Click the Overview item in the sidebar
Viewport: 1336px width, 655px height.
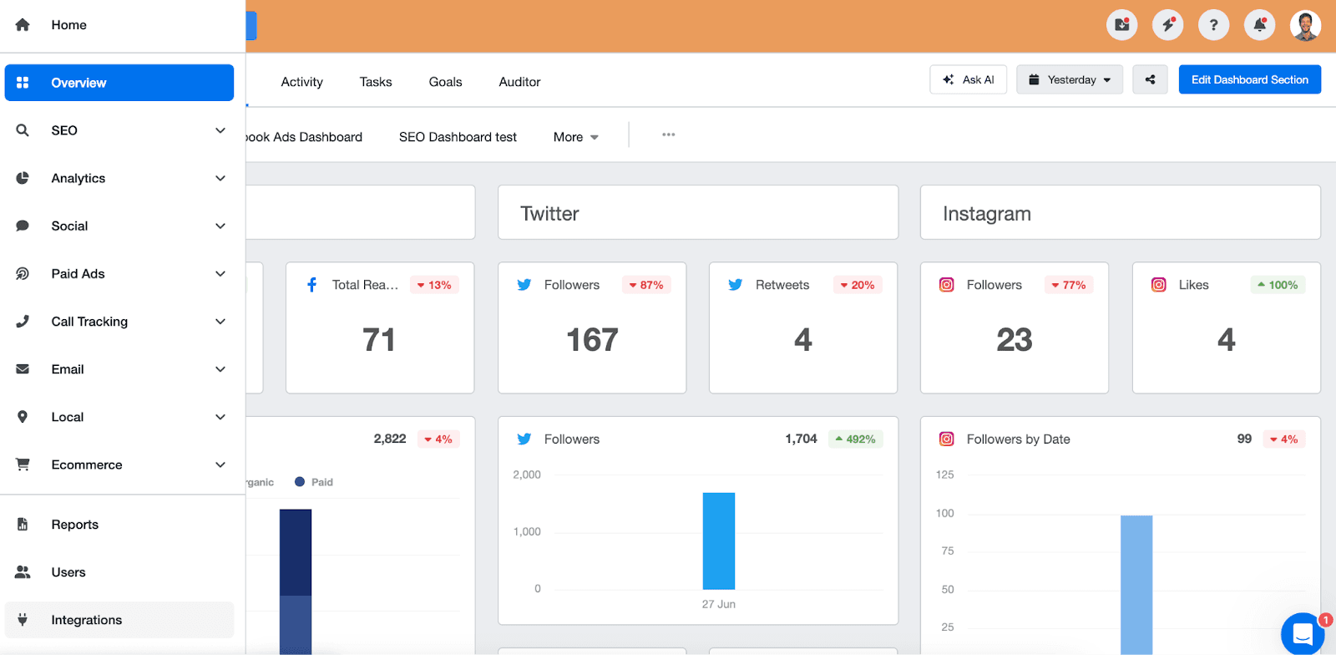point(119,83)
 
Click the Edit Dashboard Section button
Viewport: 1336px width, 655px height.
point(1249,80)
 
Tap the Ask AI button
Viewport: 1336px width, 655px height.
point(969,80)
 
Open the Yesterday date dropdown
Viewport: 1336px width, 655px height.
point(1070,80)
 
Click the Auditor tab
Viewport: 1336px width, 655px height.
point(519,82)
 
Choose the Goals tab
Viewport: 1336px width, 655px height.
point(445,82)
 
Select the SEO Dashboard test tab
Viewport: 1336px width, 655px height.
point(458,137)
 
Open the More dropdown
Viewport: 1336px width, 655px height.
point(575,137)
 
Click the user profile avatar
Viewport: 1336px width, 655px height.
point(1305,25)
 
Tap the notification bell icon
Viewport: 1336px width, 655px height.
point(1259,25)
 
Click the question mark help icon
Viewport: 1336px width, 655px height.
point(1213,25)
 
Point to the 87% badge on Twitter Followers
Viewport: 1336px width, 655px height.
point(646,285)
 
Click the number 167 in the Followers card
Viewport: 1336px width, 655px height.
point(592,340)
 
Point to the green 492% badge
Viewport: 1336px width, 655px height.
point(856,439)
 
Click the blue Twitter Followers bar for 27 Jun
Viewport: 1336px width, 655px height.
point(718,541)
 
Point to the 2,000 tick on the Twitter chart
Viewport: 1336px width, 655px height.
point(527,475)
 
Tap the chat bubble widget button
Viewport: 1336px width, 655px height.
point(1303,634)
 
